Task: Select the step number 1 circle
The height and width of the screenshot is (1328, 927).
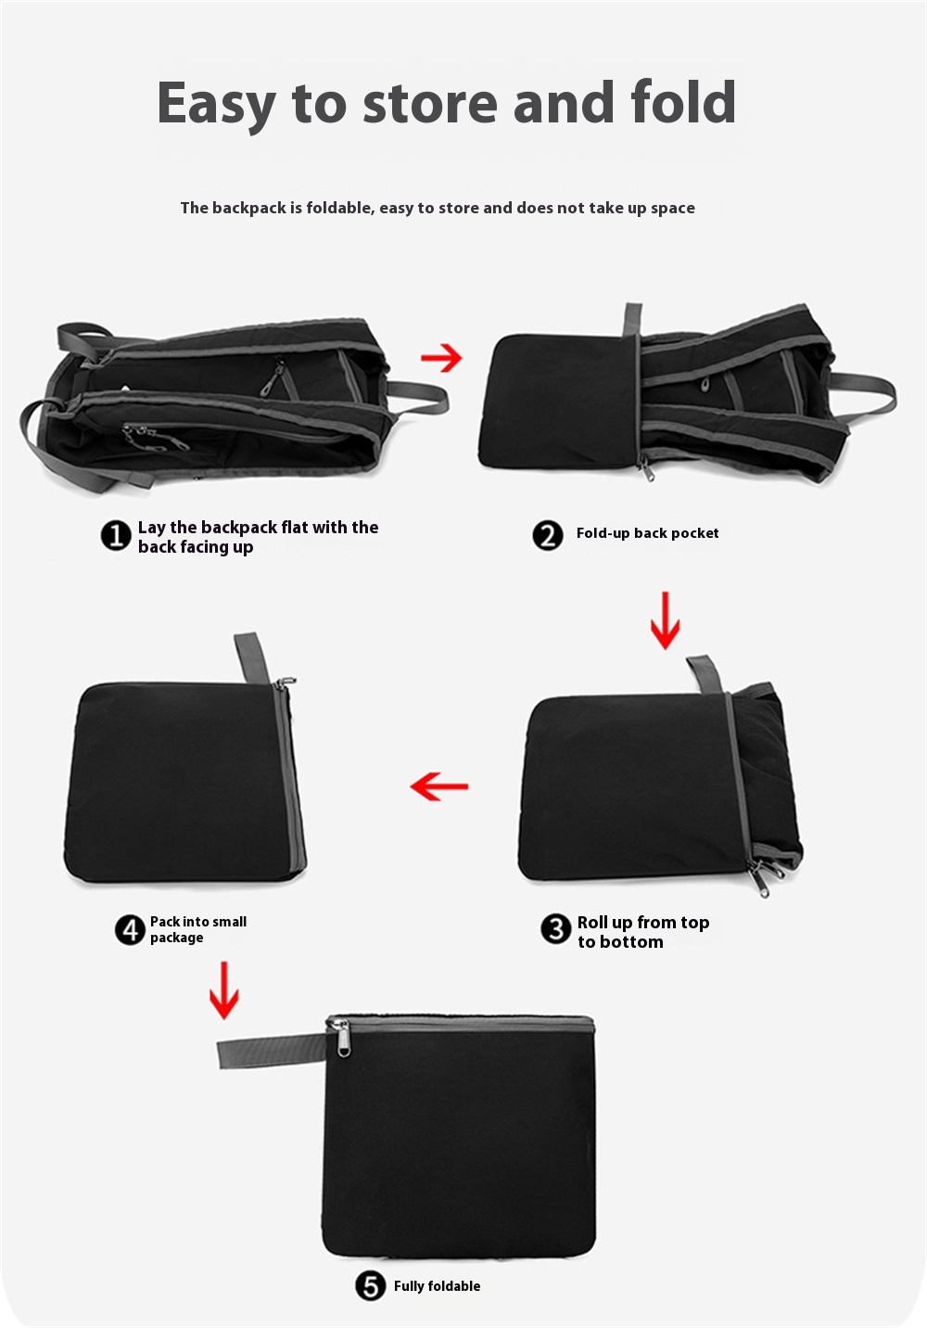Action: [116, 536]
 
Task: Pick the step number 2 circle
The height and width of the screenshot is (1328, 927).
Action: [548, 536]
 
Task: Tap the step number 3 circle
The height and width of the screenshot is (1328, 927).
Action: [556, 928]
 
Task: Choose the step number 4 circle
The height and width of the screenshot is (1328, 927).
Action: [130, 929]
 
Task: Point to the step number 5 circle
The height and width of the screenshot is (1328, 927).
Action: [371, 1286]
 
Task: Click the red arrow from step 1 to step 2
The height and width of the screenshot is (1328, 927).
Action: [441, 358]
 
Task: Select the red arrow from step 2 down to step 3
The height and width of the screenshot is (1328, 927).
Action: [665, 620]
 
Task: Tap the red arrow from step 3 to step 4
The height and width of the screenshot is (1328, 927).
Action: [439, 786]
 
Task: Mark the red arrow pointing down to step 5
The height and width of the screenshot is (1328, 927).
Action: [224, 990]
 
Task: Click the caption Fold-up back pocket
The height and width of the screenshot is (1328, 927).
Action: [647, 533]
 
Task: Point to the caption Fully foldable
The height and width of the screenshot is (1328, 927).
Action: [437, 1286]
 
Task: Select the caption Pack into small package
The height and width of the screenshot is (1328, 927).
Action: [198, 929]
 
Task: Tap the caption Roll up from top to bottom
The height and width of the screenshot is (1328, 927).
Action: [643, 932]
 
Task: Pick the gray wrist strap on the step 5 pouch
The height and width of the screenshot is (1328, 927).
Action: [273, 1051]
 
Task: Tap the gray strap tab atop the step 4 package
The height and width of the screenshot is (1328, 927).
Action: [252, 658]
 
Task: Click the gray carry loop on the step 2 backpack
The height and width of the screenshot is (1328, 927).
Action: [864, 393]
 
